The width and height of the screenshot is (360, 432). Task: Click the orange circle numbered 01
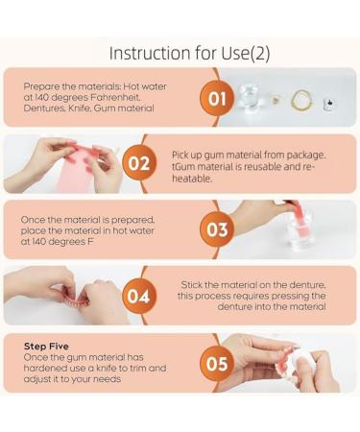(x=217, y=99)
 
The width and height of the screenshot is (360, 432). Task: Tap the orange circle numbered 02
(x=139, y=163)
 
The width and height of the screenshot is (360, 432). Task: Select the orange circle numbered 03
(x=217, y=229)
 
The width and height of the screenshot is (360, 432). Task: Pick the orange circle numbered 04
(x=139, y=297)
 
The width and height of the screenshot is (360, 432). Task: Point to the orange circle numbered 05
(x=217, y=364)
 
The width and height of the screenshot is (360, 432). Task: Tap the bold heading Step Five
(x=46, y=347)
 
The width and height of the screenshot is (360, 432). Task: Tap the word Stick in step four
(x=191, y=284)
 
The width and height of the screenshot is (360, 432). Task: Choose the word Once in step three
(x=33, y=220)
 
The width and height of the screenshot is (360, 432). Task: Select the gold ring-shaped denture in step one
(x=302, y=101)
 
